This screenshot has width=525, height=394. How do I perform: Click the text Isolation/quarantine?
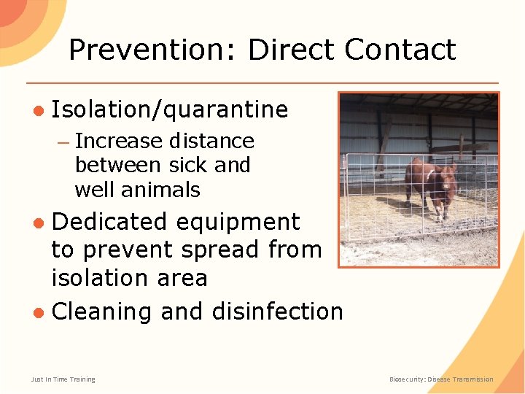pyautogui.click(x=170, y=110)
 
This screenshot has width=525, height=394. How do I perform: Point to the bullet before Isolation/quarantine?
pyautogui.click(x=38, y=110)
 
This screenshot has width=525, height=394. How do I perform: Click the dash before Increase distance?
pyautogui.click(x=63, y=141)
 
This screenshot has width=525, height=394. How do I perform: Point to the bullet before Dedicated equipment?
pyautogui.click(x=38, y=222)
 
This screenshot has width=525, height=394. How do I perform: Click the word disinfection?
pyautogui.click(x=277, y=312)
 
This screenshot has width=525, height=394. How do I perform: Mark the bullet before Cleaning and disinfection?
pyautogui.click(x=38, y=312)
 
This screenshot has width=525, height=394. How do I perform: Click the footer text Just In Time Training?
pyautogui.click(x=63, y=379)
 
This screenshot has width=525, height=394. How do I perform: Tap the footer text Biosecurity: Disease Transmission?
pyautogui.click(x=441, y=379)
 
